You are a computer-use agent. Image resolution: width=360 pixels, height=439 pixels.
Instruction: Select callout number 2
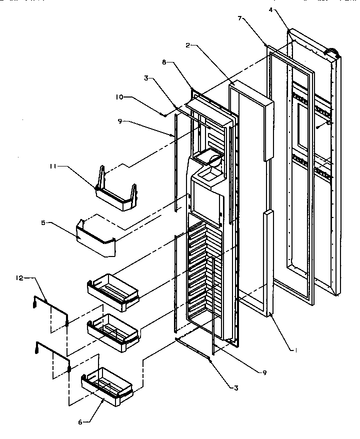187,45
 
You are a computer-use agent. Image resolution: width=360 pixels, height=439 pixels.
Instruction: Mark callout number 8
164,63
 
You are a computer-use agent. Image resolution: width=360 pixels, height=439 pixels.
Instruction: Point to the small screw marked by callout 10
164,115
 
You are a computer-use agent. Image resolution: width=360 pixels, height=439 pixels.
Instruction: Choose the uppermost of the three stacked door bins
112,288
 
